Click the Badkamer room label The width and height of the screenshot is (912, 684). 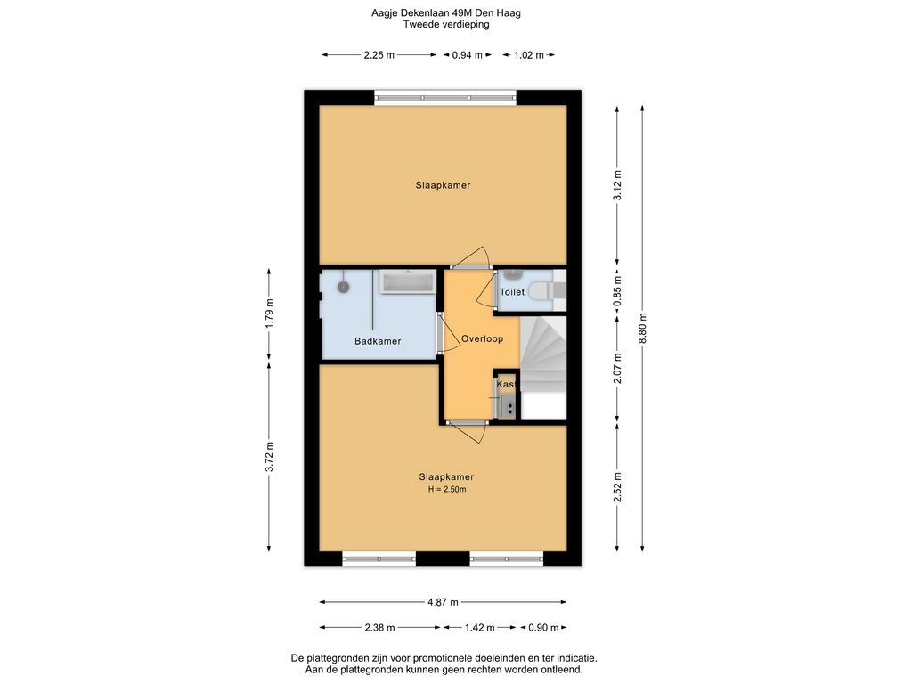(378, 341)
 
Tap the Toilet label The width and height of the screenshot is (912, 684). (512, 292)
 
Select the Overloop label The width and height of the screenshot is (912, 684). (482, 338)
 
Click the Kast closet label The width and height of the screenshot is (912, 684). (506, 385)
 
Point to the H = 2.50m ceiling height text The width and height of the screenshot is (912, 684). (447, 489)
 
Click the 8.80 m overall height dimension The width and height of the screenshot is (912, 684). (643, 328)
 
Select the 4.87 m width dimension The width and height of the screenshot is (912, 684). (444, 602)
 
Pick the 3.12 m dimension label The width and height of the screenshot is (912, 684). (618, 185)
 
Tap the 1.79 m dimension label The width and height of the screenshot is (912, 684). (269, 313)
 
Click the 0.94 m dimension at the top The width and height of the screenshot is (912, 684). (468, 55)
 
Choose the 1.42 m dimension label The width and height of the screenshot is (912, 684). (480, 628)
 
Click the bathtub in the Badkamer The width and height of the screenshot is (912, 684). (407, 282)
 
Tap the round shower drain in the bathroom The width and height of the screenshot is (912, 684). (344, 287)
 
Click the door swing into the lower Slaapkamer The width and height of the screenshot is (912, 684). (468, 433)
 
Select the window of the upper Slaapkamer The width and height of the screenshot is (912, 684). (445, 97)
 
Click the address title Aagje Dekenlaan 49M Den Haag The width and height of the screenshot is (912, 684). (446, 12)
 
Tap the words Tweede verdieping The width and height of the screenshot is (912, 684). (446, 24)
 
